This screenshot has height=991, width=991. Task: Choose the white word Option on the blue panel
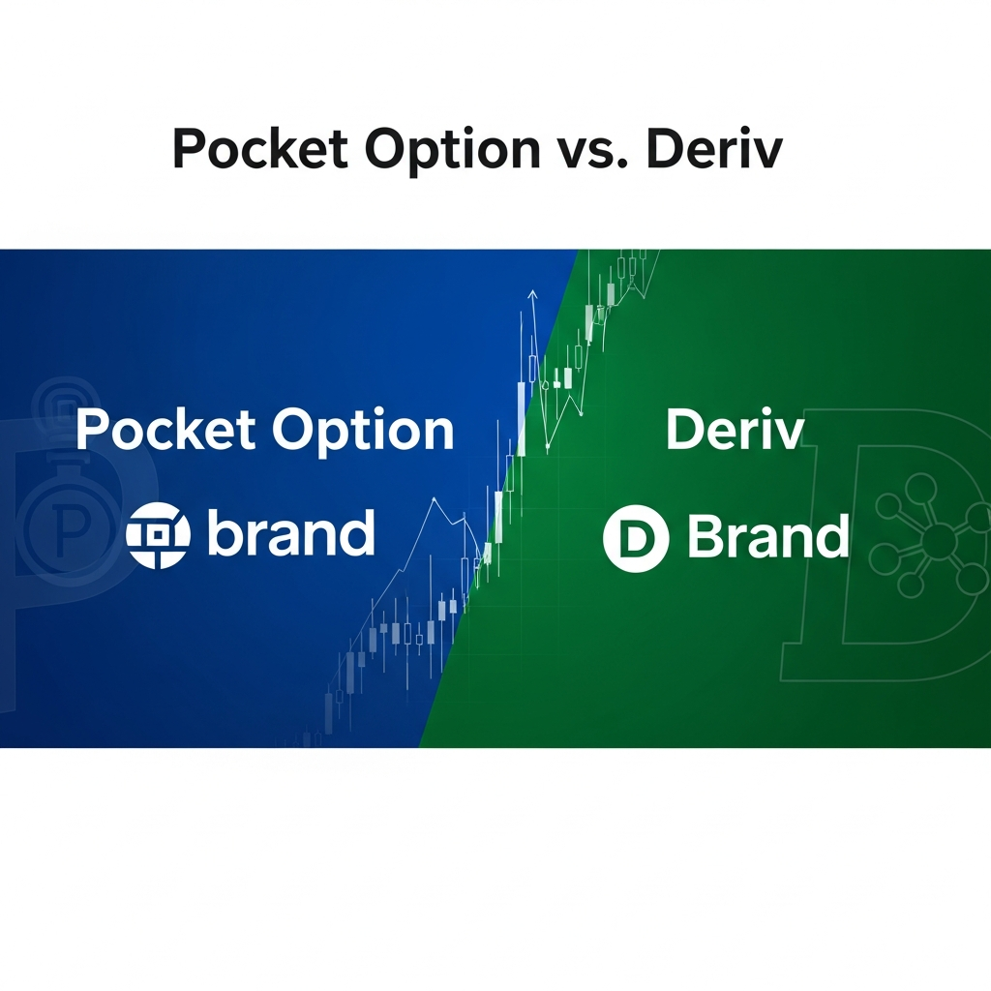point(362,432)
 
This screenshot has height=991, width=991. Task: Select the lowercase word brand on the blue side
point(290,534)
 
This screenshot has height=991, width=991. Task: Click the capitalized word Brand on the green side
point(767,537)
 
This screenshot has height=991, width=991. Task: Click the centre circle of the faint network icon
point(938,540)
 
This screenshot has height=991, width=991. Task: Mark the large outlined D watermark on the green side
point(881,542)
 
